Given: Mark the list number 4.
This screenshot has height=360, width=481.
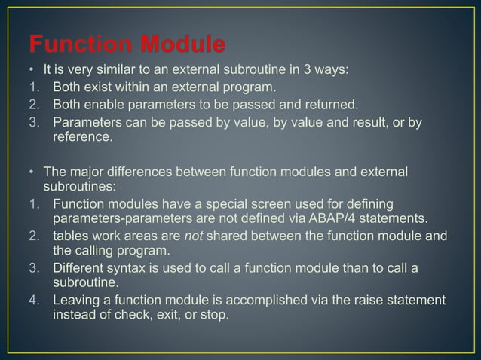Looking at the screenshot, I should (x=34, y=301).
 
